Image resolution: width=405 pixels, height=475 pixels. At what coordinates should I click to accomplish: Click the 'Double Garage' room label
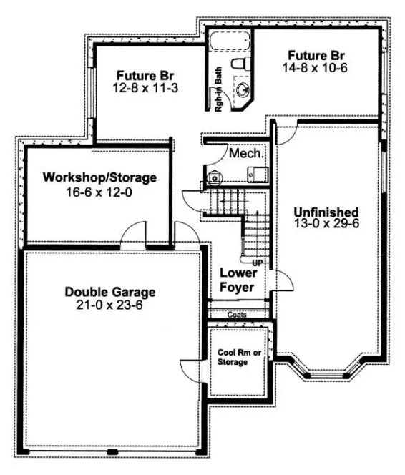pos(110,292)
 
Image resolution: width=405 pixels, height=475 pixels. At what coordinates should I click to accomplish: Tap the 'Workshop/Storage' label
pos(99,177)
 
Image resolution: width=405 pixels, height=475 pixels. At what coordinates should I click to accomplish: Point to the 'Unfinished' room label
pos(326,212)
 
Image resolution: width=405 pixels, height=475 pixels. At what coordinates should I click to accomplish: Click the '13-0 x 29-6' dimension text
pos(326,225)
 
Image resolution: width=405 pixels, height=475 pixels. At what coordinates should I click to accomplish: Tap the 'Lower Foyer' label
pos(237,280)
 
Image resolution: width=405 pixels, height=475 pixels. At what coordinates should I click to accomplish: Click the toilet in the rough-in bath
pos(242,65)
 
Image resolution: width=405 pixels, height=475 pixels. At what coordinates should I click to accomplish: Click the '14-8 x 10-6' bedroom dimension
pos(316,67)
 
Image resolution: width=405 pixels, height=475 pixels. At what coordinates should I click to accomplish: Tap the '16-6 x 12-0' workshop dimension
pos(99,191)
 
